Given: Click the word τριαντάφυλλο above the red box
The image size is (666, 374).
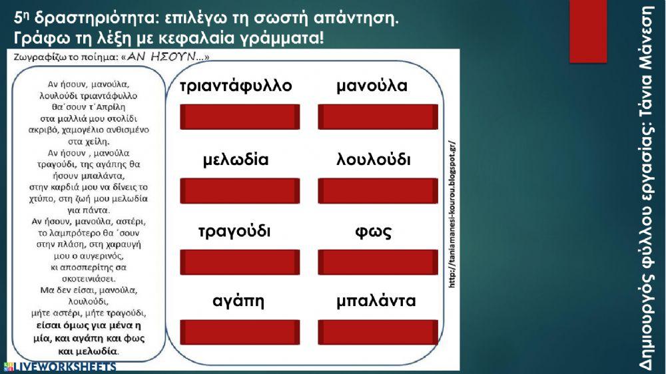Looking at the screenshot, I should click(236, 87).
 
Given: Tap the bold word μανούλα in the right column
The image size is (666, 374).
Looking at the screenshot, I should click(372, 87).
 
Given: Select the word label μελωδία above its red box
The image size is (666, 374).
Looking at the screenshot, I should click(236, 160).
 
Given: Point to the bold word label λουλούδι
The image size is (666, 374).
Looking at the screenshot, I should click(374, 160).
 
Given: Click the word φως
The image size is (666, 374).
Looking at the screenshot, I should click(374, 232).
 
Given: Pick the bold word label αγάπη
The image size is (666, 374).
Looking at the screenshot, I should click(238, 301).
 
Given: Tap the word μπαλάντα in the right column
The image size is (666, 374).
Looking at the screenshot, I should click(376, 301).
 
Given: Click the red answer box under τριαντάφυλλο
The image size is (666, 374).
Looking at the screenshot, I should click(240, 117).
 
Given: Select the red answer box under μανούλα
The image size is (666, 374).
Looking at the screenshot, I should click(378, 117).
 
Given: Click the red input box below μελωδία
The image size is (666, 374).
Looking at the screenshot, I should click(240, 191).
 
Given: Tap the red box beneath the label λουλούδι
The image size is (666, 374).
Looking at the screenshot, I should click(378, 191).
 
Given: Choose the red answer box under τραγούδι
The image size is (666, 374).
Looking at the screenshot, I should click(240, 262).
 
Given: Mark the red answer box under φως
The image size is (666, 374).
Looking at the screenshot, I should click(378, 262).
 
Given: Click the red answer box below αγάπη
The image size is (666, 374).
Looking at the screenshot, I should click(240, 332).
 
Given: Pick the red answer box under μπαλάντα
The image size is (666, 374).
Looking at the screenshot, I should click(378, 332).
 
